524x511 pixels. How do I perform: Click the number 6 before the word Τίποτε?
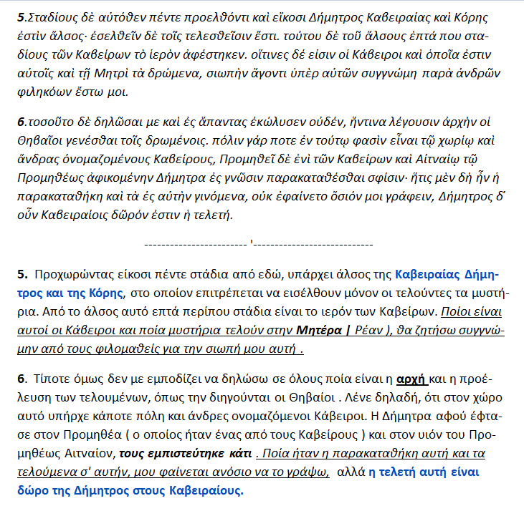[x=20, y=379]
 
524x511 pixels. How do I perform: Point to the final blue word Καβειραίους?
[x=203, y=490]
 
